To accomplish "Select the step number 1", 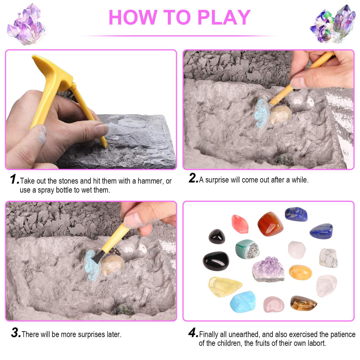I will tap(14, 179).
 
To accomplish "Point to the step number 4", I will tap(193, 333).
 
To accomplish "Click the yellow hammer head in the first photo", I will tap(50, 67).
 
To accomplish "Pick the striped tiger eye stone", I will tap(303, 303).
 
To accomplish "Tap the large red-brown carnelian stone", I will tap(270, 224).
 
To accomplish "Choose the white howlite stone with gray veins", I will tap(328, 258).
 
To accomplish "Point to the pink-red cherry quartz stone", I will tap(240, 224).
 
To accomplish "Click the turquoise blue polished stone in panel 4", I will tap(243, 302).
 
